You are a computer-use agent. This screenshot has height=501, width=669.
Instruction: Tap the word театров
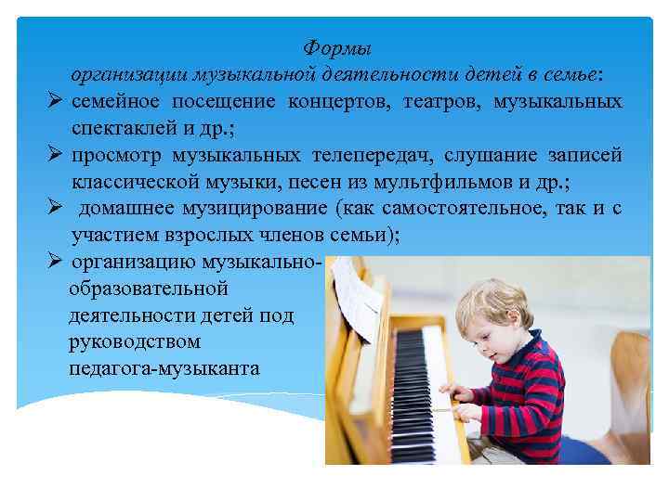point(440,99)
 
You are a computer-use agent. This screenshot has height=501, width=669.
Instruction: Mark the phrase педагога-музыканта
point(164,369)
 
